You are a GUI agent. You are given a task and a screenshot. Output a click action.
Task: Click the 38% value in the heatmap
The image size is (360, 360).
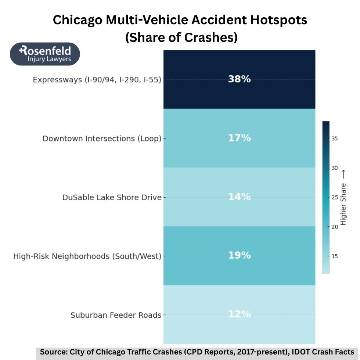(x=239, y=79)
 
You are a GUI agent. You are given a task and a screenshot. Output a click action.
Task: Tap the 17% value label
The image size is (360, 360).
(x=239, y=138)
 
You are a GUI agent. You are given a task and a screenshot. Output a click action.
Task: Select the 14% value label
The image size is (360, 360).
(x=239, y=197)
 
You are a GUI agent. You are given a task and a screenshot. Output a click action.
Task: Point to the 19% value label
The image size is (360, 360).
(x=239, y=255)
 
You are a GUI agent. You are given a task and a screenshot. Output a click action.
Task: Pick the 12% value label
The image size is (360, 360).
(x=239, y=314)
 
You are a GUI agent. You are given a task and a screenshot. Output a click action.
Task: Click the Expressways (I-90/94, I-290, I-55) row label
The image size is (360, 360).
(x=97, y=79)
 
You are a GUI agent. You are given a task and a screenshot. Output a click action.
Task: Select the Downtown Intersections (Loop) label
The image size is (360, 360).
(x=102, y=138)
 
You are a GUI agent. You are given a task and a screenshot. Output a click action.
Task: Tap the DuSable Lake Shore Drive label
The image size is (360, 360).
(x=112, y=197)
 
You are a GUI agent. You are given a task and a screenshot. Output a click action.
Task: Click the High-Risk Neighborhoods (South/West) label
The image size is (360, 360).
(x=87, y=256)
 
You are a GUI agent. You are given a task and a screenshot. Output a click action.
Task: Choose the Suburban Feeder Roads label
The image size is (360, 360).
(x=116, y=315)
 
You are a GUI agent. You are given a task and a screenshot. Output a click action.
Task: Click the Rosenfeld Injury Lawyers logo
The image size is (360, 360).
(x=45, y=54)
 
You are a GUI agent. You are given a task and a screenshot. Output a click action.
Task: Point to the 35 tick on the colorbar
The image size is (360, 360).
(x=335, y=139)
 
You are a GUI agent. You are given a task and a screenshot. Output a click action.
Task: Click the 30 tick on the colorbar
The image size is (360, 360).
(x=335, y=168)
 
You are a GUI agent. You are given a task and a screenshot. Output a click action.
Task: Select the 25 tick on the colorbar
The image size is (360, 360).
(x=335, y=198)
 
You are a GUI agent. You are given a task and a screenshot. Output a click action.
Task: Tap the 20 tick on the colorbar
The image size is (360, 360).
(x=335, y=227)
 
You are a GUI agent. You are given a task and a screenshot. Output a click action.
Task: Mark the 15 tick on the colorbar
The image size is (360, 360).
(x=335, y=256)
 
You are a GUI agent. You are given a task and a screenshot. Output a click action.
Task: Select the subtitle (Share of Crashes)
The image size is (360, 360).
(x=181, y=37)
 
